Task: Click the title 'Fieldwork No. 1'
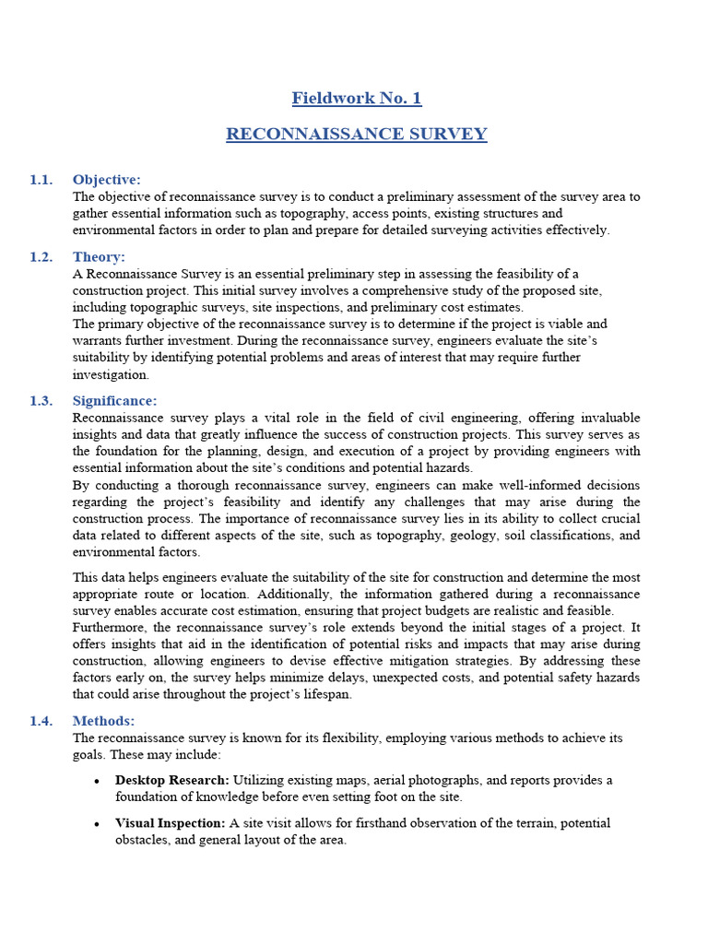coord(356,98)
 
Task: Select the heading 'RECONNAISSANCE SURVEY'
coord(356,135)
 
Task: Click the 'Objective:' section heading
coord(107,180)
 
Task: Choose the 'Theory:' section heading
coord(99,257)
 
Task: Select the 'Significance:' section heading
coord(115,401)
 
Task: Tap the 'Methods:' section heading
coord(104,721)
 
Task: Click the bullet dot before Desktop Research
coord(97,781)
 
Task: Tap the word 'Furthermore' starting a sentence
coord(110,627)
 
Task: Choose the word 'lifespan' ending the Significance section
coord(325,694)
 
